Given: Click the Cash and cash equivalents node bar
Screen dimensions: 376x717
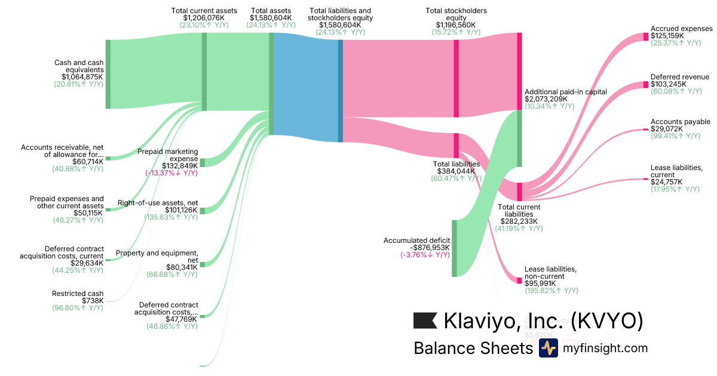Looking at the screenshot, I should (108, 74).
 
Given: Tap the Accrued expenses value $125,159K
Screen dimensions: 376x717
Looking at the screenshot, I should (668, 36).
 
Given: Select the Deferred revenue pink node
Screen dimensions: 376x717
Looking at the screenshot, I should (645, 85).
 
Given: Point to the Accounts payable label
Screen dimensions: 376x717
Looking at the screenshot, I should (680, 122).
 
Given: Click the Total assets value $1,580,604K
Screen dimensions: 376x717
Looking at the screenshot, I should (272, 19).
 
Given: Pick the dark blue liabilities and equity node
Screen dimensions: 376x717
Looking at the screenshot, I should (341, 91).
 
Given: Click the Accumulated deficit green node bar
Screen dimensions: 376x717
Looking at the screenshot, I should (454, 248).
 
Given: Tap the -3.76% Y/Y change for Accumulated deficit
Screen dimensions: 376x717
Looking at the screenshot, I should (425, 255).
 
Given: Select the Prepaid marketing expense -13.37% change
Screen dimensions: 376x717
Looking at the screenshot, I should (171, 173).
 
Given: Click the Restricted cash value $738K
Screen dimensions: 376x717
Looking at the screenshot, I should (93, 300).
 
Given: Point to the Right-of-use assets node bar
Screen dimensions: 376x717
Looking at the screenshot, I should (202, 211).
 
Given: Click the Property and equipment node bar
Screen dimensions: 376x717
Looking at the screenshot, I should (202, 264).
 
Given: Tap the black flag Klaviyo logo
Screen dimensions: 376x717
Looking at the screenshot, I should (425, 320).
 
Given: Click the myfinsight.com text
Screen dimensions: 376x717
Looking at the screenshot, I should (605, 348).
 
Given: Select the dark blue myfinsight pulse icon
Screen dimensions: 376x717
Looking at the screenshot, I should (548, 348).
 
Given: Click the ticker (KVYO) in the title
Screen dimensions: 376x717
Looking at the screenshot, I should (607, 321).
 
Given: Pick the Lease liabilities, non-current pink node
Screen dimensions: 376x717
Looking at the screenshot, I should (519, 280).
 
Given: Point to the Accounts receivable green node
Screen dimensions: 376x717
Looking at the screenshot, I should (108, 159).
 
